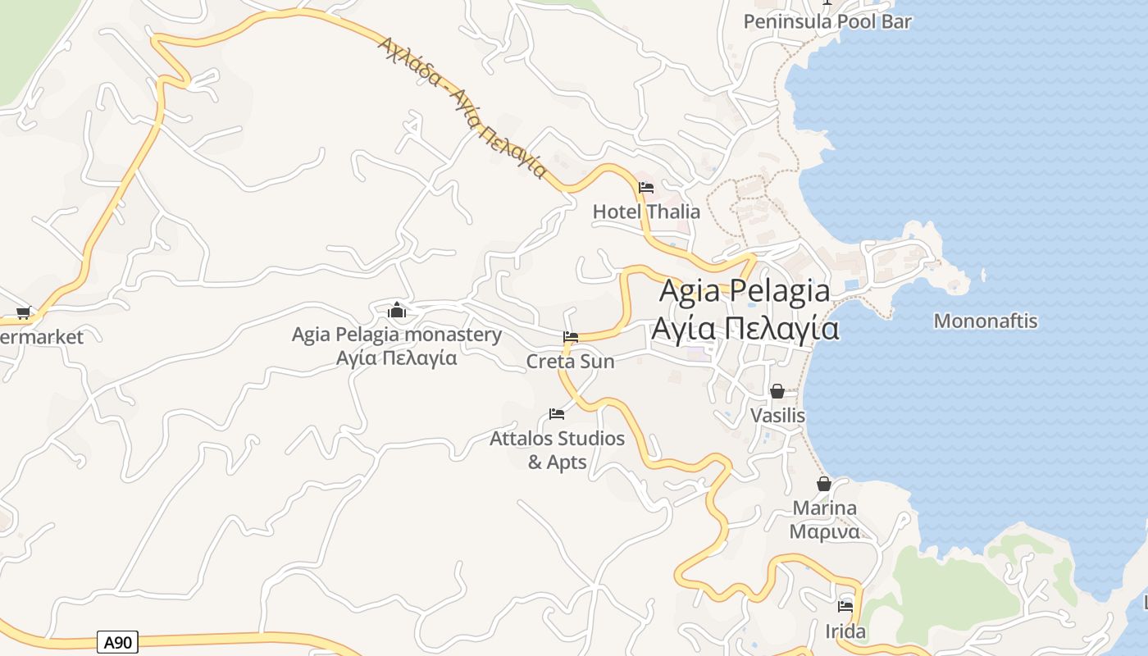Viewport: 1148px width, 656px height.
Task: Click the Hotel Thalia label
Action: (646, 212)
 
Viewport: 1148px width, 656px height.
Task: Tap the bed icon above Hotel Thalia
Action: (646, 188)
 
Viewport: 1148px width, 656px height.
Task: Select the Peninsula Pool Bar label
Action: (827, 21)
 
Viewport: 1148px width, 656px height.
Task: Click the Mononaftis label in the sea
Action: (986, 321)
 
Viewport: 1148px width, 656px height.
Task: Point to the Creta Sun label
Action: (570, 361)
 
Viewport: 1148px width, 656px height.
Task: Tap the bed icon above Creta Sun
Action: (571, 337)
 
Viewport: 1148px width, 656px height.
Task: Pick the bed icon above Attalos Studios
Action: (557, 414)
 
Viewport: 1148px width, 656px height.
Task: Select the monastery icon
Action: (397, 311)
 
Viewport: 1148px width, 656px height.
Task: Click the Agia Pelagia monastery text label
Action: (397, 335)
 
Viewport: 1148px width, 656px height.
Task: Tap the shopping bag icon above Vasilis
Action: (777, 391)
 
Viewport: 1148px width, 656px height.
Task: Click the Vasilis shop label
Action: (777, 416)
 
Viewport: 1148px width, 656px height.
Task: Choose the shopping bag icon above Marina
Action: (824, 484)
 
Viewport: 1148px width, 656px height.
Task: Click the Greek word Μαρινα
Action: (824, 531)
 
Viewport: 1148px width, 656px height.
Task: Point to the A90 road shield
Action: (117, 642)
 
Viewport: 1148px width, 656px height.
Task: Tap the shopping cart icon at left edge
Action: (24, 312)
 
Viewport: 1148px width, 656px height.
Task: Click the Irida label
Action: (845, 631)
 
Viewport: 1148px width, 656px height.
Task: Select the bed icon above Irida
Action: (845, 608)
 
